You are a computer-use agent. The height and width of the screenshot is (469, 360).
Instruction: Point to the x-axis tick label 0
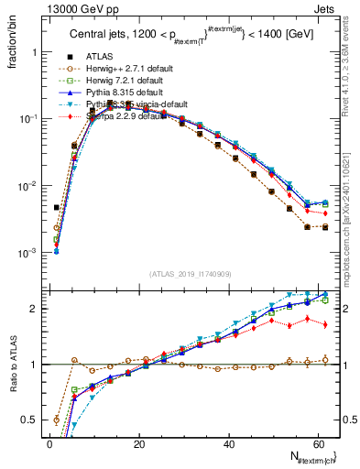[49, 443]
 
